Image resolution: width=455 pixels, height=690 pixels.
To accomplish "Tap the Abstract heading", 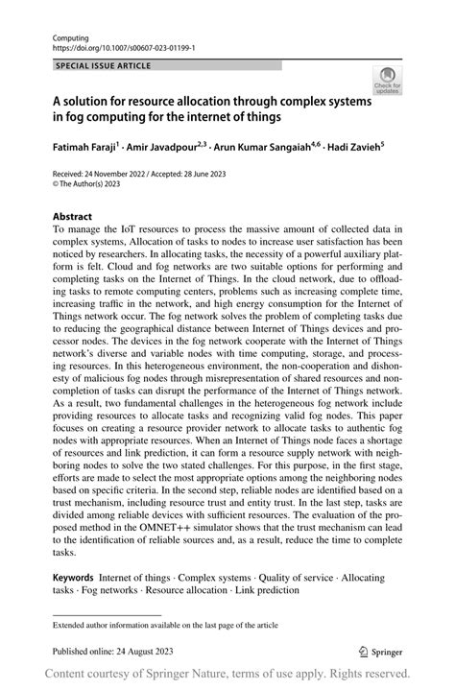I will (x=73, y=217).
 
